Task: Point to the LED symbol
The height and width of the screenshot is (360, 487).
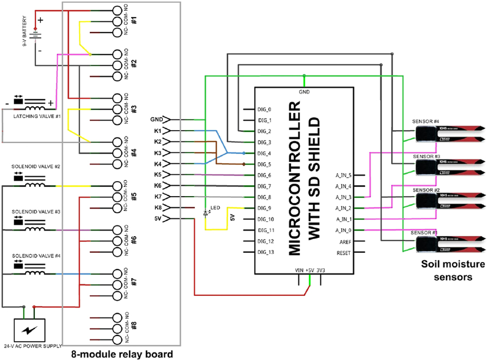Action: point(206,213)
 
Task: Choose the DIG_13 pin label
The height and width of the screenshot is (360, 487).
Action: point(266,252)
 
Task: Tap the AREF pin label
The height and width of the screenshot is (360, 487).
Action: point(343,241)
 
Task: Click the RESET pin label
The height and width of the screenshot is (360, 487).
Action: point(343,252)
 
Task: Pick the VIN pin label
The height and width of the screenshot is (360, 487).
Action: point(299,270)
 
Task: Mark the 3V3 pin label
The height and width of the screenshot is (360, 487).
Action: point(321,270)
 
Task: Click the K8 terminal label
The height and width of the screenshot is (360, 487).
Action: point(158,208)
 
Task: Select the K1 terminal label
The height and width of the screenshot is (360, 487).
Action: point(158,131)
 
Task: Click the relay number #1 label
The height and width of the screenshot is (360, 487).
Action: point(133,20)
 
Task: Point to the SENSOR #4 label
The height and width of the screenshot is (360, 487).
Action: point(425,122)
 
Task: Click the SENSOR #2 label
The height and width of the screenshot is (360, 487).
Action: point(425,190)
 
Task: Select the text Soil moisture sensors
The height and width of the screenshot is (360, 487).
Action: point(447,271)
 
